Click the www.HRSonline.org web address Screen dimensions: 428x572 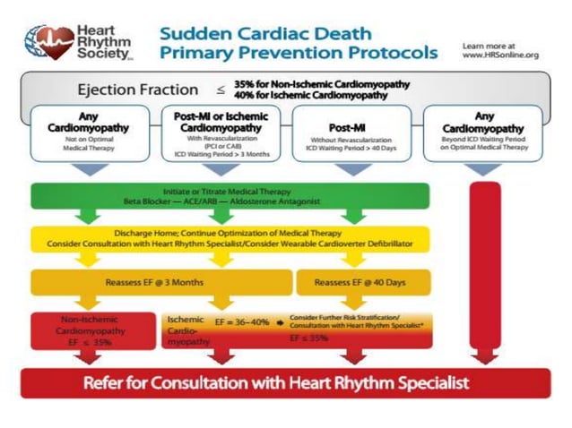pyautogui.click(x=499, y=55)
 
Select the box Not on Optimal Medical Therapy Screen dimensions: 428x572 pyautogui.click(x=87, y=133)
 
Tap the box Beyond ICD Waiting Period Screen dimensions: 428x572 pyautogui.click(x=483, y=133)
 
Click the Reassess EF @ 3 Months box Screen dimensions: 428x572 pyautogui.click(x=157, y=282)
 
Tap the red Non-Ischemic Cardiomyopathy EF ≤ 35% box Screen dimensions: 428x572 pyautogui.click(x=87, y=329)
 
